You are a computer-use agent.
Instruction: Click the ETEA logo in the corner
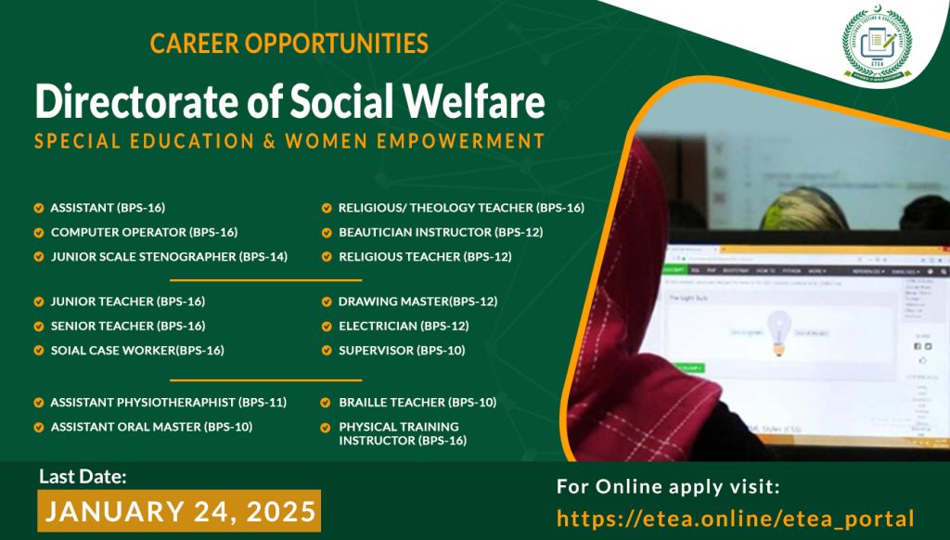click(877, 47)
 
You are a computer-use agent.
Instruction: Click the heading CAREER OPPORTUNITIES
click(289, 43)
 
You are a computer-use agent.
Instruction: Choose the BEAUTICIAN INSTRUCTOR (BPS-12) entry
click(441, 232)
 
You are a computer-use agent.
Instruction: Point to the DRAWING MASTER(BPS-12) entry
click(417, 302)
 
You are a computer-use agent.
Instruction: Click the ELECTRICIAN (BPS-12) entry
click(404, 326)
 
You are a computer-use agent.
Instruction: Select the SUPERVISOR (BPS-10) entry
click(402, 350)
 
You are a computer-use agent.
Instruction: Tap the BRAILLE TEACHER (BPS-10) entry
click(417, 402)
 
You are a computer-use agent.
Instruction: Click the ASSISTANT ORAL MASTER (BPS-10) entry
click(151, 426)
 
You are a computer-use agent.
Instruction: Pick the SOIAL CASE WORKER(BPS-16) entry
click(137, 350)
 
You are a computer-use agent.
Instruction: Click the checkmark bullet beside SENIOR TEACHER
click(39, 326)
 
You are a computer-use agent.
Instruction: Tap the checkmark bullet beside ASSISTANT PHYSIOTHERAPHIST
click(39, 402)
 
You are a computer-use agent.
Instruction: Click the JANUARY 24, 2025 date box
click(179, 510)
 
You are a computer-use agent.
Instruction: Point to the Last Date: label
click(83, 476)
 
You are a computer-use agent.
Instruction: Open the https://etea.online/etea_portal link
click(736, 518)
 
